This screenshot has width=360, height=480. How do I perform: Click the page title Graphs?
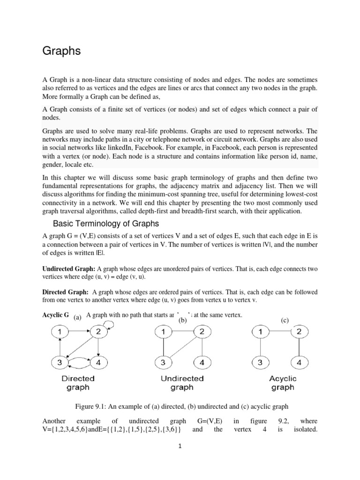pyautogui.click(x=61, y=52)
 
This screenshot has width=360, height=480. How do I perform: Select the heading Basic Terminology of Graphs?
pyautogui.click(x=106, y=223)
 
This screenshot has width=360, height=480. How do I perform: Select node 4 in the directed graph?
pyautogui.click(x=99, y=362)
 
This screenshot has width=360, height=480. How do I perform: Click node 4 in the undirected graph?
pyautogui.click(x=202, y=362)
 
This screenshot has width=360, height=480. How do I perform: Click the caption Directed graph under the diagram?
pyautogui.click(x=78, y=382)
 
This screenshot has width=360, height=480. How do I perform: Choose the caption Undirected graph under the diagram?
pyautogui.click(x=182, y=382)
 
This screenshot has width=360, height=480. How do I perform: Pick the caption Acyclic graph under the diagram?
pyautogui.click(x=283, y=382)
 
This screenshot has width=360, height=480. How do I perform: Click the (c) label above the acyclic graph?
pyautogui.click(x=285, y=320)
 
